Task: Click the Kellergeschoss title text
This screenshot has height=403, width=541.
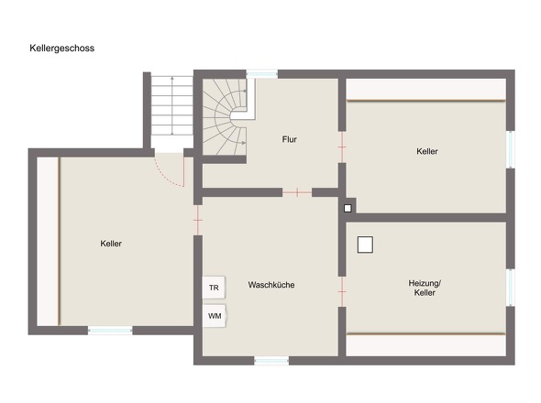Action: click(62, 48)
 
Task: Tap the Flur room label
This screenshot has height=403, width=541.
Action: click(289, 139)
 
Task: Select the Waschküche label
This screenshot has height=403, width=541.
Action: click(271, 285)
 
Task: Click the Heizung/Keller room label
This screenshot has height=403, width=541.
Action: click(425, 288)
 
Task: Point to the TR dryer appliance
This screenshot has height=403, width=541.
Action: click(214, 288)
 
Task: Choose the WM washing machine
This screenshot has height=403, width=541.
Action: click(215, 316)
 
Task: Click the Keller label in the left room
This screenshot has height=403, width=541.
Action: click(111, 244)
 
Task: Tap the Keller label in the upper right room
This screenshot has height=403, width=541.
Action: click(426, 151)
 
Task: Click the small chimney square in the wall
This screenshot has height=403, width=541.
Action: click(348, 208)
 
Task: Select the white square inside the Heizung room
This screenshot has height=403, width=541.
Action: click(365, 245)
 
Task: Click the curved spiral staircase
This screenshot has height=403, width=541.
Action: click(225, 117)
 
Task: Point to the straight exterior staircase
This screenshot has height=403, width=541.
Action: click(171, 105)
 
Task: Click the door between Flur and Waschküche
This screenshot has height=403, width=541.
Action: click(297, 192)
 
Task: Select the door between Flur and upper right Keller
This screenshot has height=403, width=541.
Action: click(342, 147)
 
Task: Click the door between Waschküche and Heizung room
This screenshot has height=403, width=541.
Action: click(342, 291)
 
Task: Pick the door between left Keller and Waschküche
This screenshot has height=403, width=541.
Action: click(198, 221)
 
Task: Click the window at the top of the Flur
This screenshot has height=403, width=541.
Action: click(262, 74)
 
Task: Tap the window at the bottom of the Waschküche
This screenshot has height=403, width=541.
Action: click(271, 361)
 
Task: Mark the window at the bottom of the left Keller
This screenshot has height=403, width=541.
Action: click(110, 331)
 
